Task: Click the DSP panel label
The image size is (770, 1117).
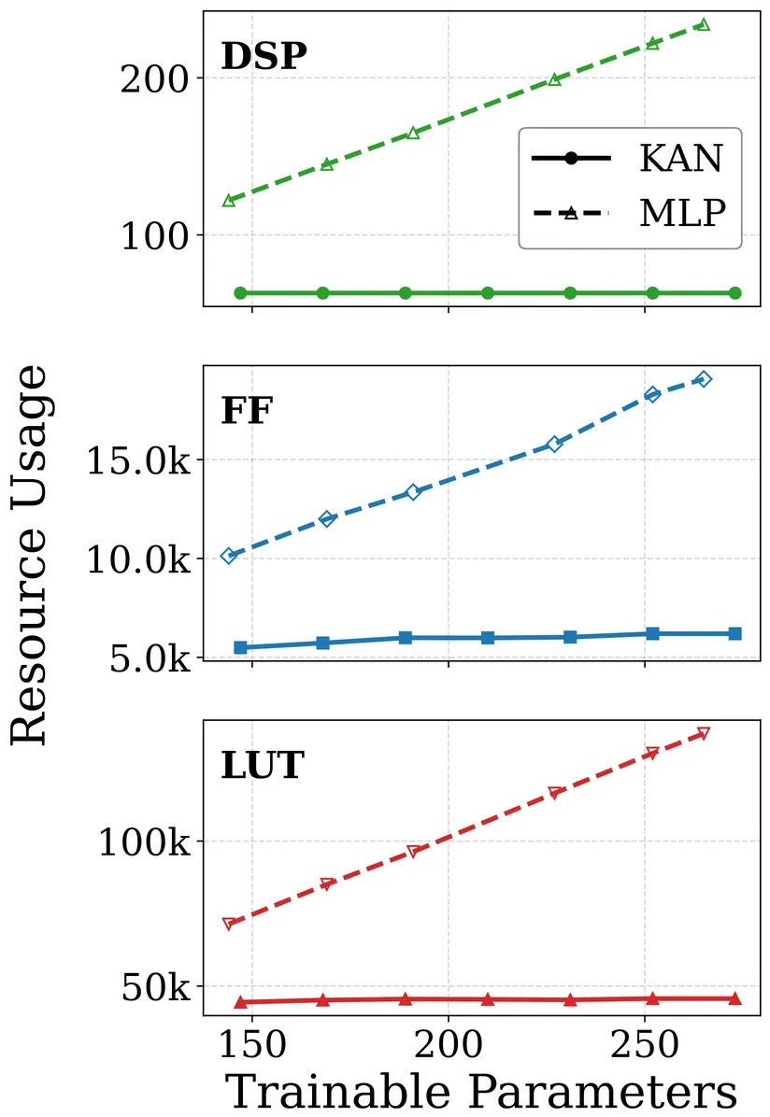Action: [x=264, y=58]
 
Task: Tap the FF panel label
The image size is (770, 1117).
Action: [x=247, y=411]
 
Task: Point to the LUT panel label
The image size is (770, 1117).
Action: [x=263, y=765]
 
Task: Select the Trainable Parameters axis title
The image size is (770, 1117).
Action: [x=482, y=1090]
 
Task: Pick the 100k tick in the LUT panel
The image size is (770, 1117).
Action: [x=146, y=841]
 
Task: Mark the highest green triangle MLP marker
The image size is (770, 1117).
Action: [x=704, y=24]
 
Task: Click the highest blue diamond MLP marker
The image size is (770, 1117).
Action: [x=704, y=378]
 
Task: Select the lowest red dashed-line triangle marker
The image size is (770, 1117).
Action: [x=228, y=924]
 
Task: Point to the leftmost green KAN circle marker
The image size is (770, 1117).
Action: [x=240, y=293]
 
